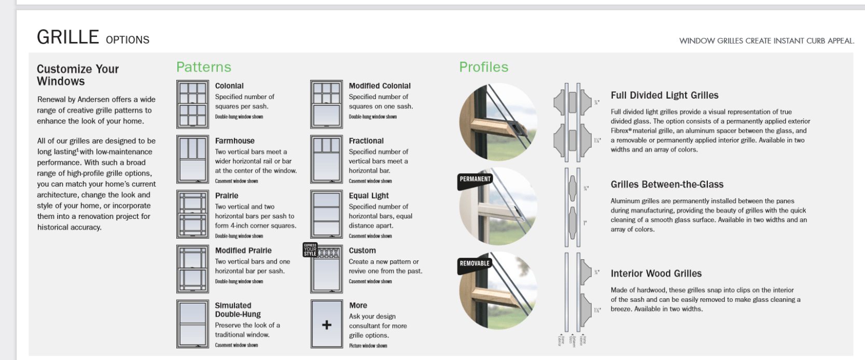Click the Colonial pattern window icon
click(x=192, y=104)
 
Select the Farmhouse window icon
click(x=192, y=159)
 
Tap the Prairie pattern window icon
click(x=192, y=214)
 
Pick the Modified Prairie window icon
click(x=192, y=269)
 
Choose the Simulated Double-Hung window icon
click(x=192, y=324)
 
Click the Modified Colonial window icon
click(x=326, y=104)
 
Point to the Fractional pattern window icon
click(x=326, y=159)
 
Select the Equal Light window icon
click(x=326, y=214)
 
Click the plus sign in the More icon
click(x=327, y=325)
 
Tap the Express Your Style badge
click(x=310, y=250)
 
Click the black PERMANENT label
click(x=475, y=179)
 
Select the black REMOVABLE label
click(x=475, y=264)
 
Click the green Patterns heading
click(x=204, y=67)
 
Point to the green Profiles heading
click(x=484, y=67)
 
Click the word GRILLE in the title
click(x=68, y=37)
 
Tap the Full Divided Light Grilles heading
click(x=664, y=95)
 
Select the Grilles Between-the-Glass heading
click(x=667, y=185)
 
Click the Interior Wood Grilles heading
click(x=656, y=274)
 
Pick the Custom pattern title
click(x=362, y=251)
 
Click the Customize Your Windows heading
click(x=78, y=75)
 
